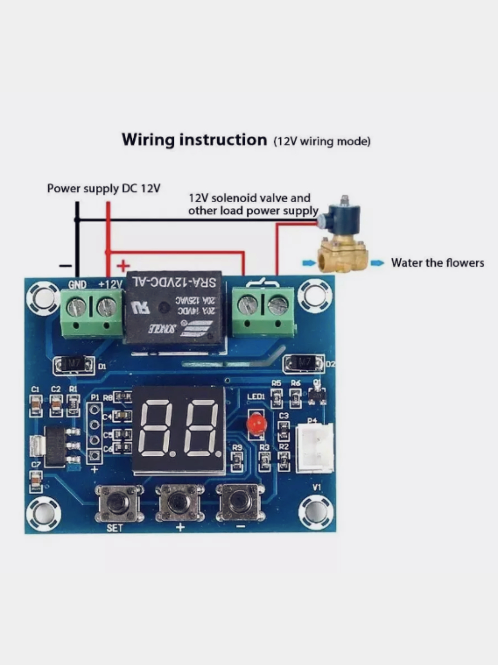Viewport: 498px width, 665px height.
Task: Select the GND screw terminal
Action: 77,307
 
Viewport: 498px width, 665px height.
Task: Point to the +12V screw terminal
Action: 107,307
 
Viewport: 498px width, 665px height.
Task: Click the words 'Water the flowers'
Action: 438,263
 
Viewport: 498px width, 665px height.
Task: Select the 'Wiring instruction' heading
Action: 194,139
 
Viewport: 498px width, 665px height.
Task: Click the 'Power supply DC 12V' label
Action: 104,188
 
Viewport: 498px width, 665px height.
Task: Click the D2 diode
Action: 303,363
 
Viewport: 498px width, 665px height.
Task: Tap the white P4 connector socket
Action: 314,447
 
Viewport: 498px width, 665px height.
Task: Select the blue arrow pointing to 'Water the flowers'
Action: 377,263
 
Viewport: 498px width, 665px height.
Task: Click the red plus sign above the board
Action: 123,266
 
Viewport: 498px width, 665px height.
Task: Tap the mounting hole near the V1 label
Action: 315,511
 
